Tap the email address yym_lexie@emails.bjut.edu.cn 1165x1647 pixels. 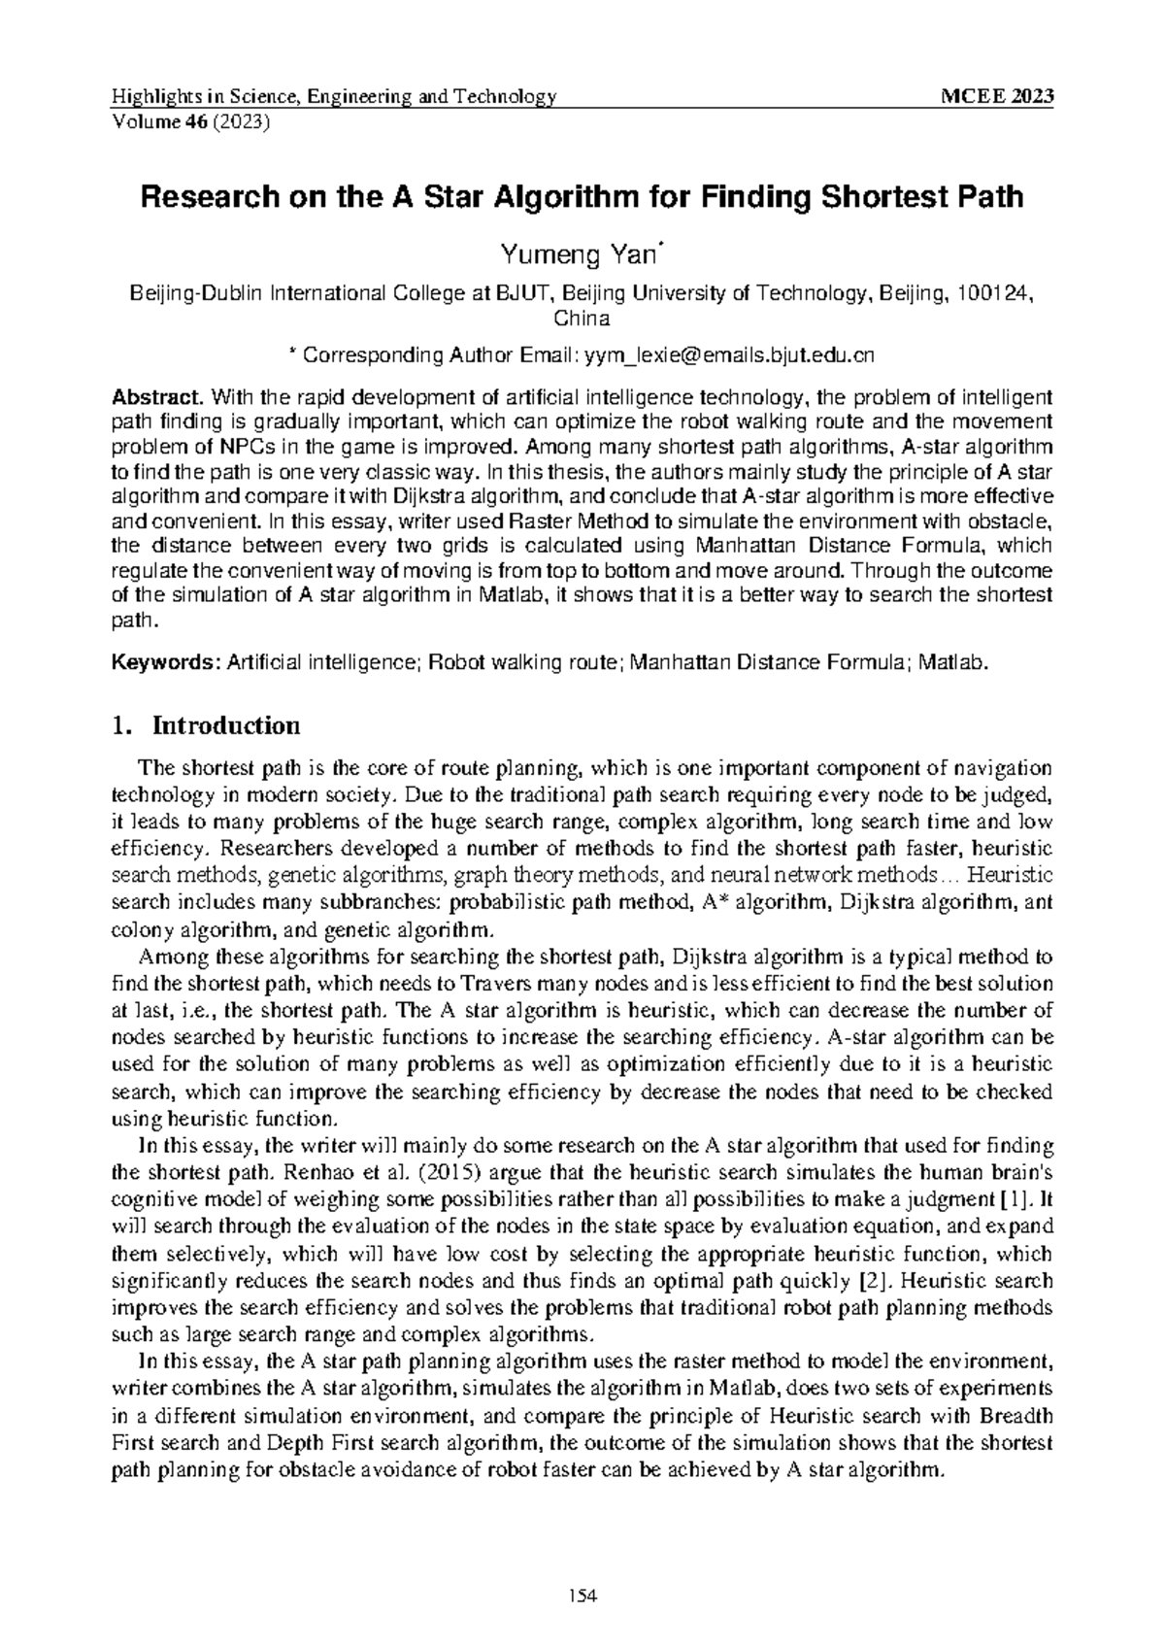[x=728, y=355]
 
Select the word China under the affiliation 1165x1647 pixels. [x=582, y=319]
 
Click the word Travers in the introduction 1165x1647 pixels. [x=464, y=985]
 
